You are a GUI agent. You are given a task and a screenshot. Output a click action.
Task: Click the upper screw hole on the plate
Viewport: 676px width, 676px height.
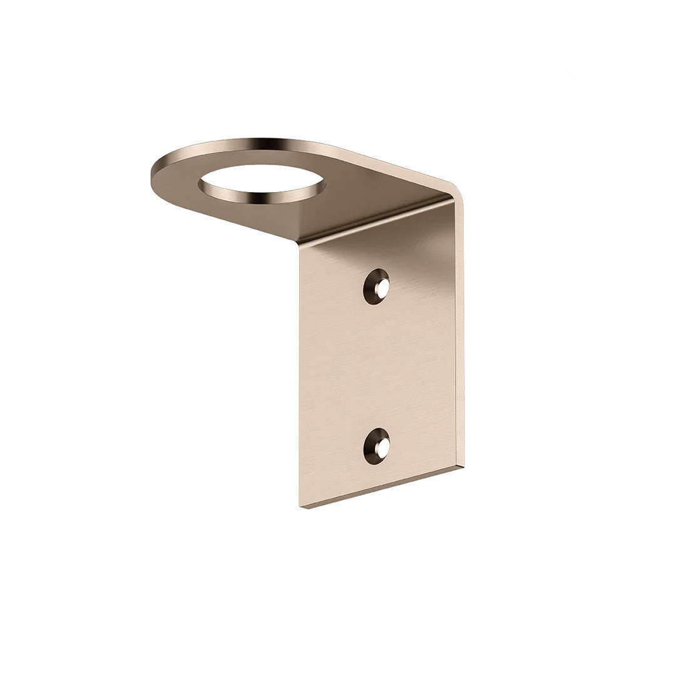[x=376, y=287]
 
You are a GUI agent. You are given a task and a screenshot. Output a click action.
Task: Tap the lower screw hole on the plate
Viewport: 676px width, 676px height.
[x=376, y=446]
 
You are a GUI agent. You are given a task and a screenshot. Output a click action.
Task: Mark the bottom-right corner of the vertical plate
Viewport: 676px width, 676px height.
[x=461, y=466]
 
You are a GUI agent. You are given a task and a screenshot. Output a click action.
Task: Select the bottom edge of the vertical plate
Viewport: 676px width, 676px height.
[x=382, y=488]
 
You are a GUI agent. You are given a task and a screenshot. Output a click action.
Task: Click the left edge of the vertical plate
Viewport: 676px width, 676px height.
[x=300, y=376]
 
